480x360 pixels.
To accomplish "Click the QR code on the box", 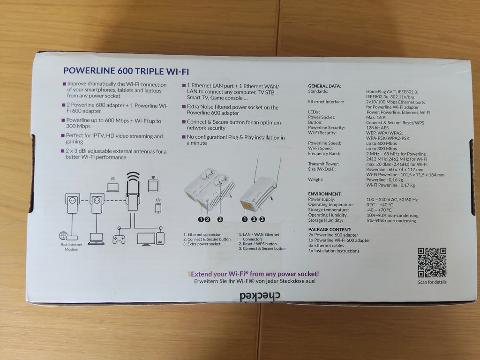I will (x=432, y=262).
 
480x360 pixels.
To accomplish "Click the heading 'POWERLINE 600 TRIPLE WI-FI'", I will (x=126, y=71).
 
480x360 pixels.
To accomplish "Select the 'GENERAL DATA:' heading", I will (x=324, y=86).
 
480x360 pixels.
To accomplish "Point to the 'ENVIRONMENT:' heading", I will (x=324, y=194).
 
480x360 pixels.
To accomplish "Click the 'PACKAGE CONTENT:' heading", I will (x=329, y=230).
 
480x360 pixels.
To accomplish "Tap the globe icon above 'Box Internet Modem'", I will (x=63, y=236).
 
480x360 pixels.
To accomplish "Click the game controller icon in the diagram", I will (x=119, y=239).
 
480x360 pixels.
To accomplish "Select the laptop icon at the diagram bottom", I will (x=96, y=239).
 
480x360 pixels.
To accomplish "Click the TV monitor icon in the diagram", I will (x=146, y=239).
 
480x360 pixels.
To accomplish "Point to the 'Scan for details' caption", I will (x=432, y=282).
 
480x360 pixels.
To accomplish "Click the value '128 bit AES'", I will (x=378, y=128).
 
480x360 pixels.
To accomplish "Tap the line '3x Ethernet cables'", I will (x=326, y=246).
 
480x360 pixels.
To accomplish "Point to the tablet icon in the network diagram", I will (x=153, y=185).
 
